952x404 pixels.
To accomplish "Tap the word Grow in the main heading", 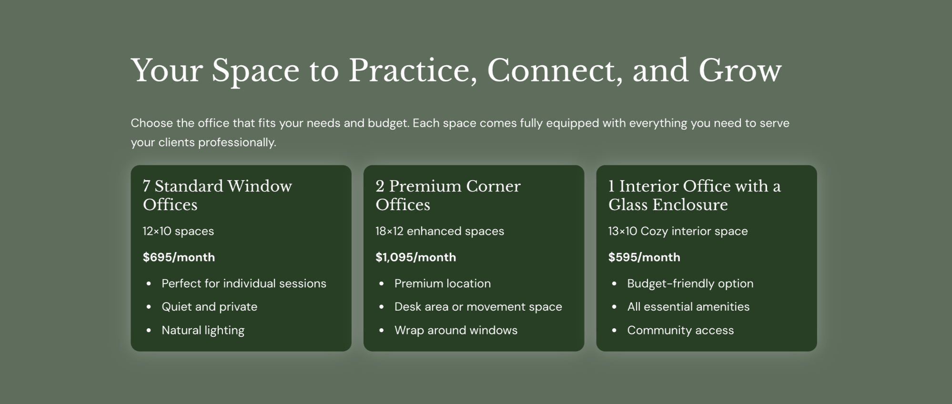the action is (x=740, y=71).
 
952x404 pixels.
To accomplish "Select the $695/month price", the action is (x=179, y=257).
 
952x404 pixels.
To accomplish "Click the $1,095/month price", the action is (x=415, y=257).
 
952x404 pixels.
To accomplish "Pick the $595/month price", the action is (x=644, y=257).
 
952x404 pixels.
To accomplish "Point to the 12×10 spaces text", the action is (x=178, y=231).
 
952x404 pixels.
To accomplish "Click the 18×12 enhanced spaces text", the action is (x=439, y=231).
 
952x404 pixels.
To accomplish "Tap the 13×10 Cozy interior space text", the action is (x=678, y=231).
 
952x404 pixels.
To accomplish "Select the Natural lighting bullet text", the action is (x=203, y=331).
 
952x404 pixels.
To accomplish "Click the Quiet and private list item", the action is (x=209, y=307).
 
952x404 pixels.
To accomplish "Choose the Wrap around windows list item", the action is (x=456, y=330).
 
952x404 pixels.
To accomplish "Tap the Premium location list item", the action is (x=442, y=283).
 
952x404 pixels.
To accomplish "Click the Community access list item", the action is (x=680, y=331).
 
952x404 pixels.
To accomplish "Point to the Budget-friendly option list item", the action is (x=690, y=283).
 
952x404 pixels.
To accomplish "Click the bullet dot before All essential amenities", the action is (x=614, y=307).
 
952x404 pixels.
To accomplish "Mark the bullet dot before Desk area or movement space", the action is (x=381, y=307).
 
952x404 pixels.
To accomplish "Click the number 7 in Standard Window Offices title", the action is (x=146, y=186).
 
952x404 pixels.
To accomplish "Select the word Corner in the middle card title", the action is (x=493, y=186).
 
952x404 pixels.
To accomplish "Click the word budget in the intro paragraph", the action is (x=387, y=123).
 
